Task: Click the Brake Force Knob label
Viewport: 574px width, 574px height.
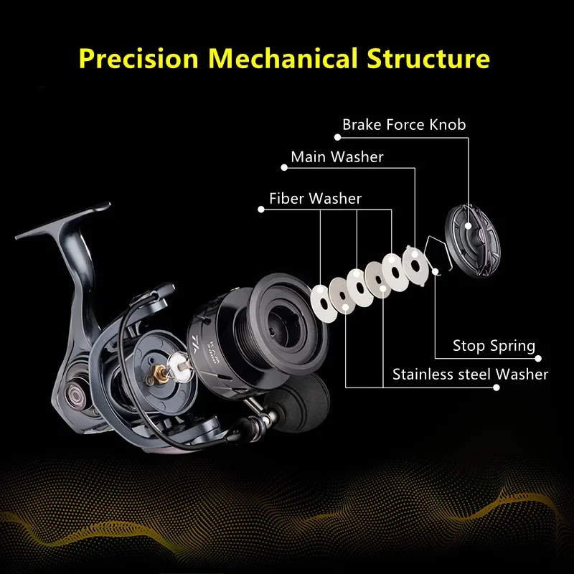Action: tap(404, 125)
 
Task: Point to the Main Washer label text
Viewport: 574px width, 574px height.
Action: tap(337, 156)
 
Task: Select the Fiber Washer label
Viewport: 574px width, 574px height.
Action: tap(315, 198)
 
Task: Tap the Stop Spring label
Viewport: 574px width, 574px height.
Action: tap(494, 346)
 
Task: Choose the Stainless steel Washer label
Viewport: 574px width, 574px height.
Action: tap(470, 374)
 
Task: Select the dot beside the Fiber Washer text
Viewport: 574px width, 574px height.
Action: tap(260, 210)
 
